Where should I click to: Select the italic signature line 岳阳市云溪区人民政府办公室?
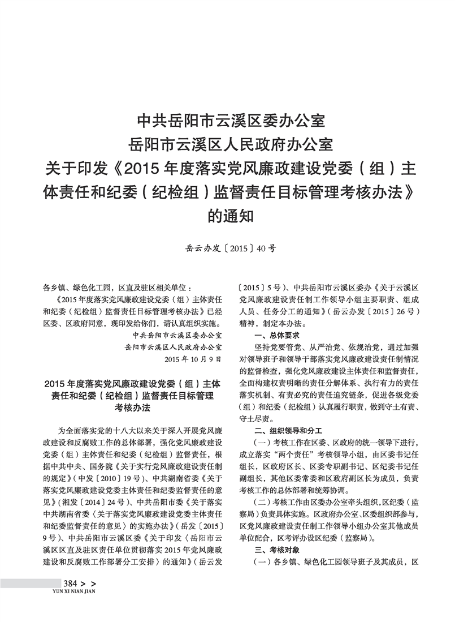(173, 346)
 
